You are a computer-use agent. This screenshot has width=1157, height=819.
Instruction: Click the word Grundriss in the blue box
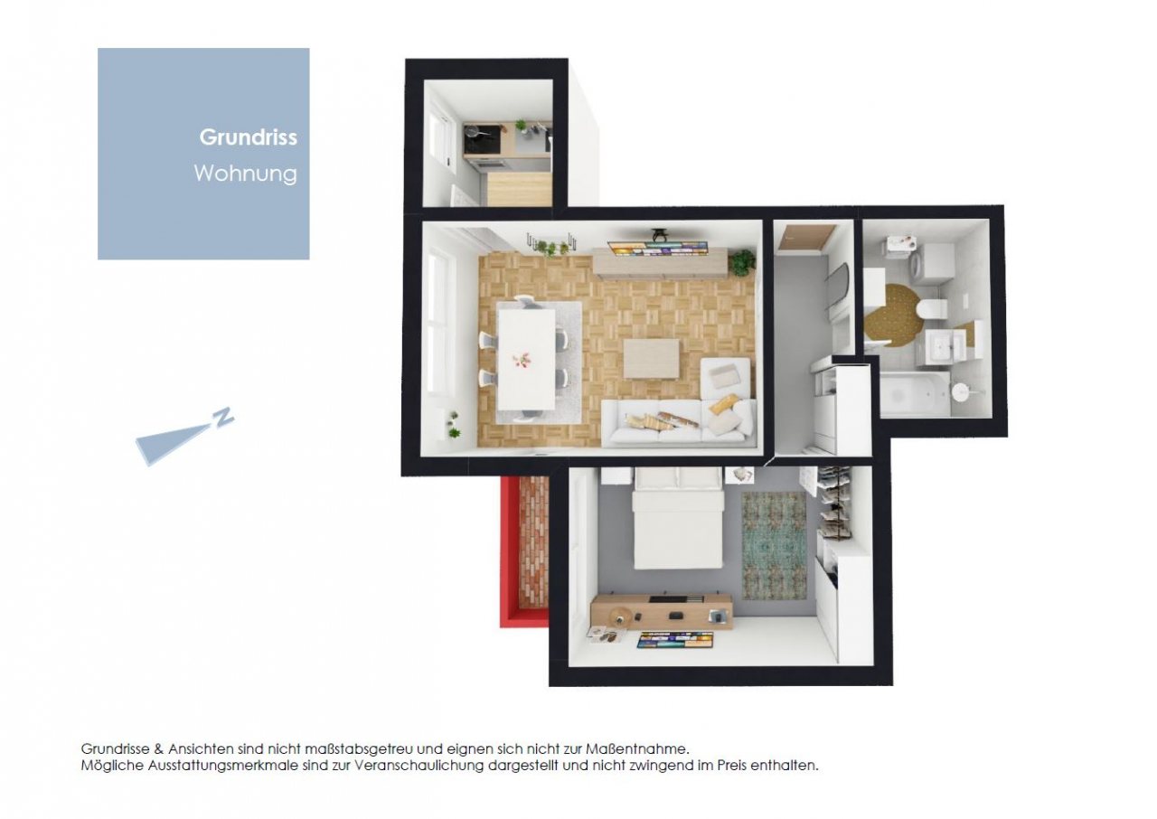pos(249,138)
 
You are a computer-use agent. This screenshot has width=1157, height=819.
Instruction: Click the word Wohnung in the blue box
pos(246,174)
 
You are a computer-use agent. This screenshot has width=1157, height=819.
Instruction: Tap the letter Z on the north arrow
pos(223,417)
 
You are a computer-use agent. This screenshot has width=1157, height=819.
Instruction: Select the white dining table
pos(527,359)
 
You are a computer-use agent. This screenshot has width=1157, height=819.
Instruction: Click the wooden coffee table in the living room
pos(652,358)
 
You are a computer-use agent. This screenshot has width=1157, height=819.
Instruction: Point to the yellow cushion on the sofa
pos(724,403)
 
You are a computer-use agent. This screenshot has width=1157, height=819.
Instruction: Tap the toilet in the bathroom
pos(933,309)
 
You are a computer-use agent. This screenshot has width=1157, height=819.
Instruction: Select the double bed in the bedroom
pos(678,518)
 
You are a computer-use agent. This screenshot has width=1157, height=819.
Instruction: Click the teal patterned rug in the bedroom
pos(774,546)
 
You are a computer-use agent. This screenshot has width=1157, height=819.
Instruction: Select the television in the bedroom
pos(675,640)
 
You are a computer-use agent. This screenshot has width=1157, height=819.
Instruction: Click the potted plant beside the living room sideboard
pos(743,261)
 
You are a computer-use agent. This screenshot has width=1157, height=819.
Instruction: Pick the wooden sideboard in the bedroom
pos(661,613)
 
